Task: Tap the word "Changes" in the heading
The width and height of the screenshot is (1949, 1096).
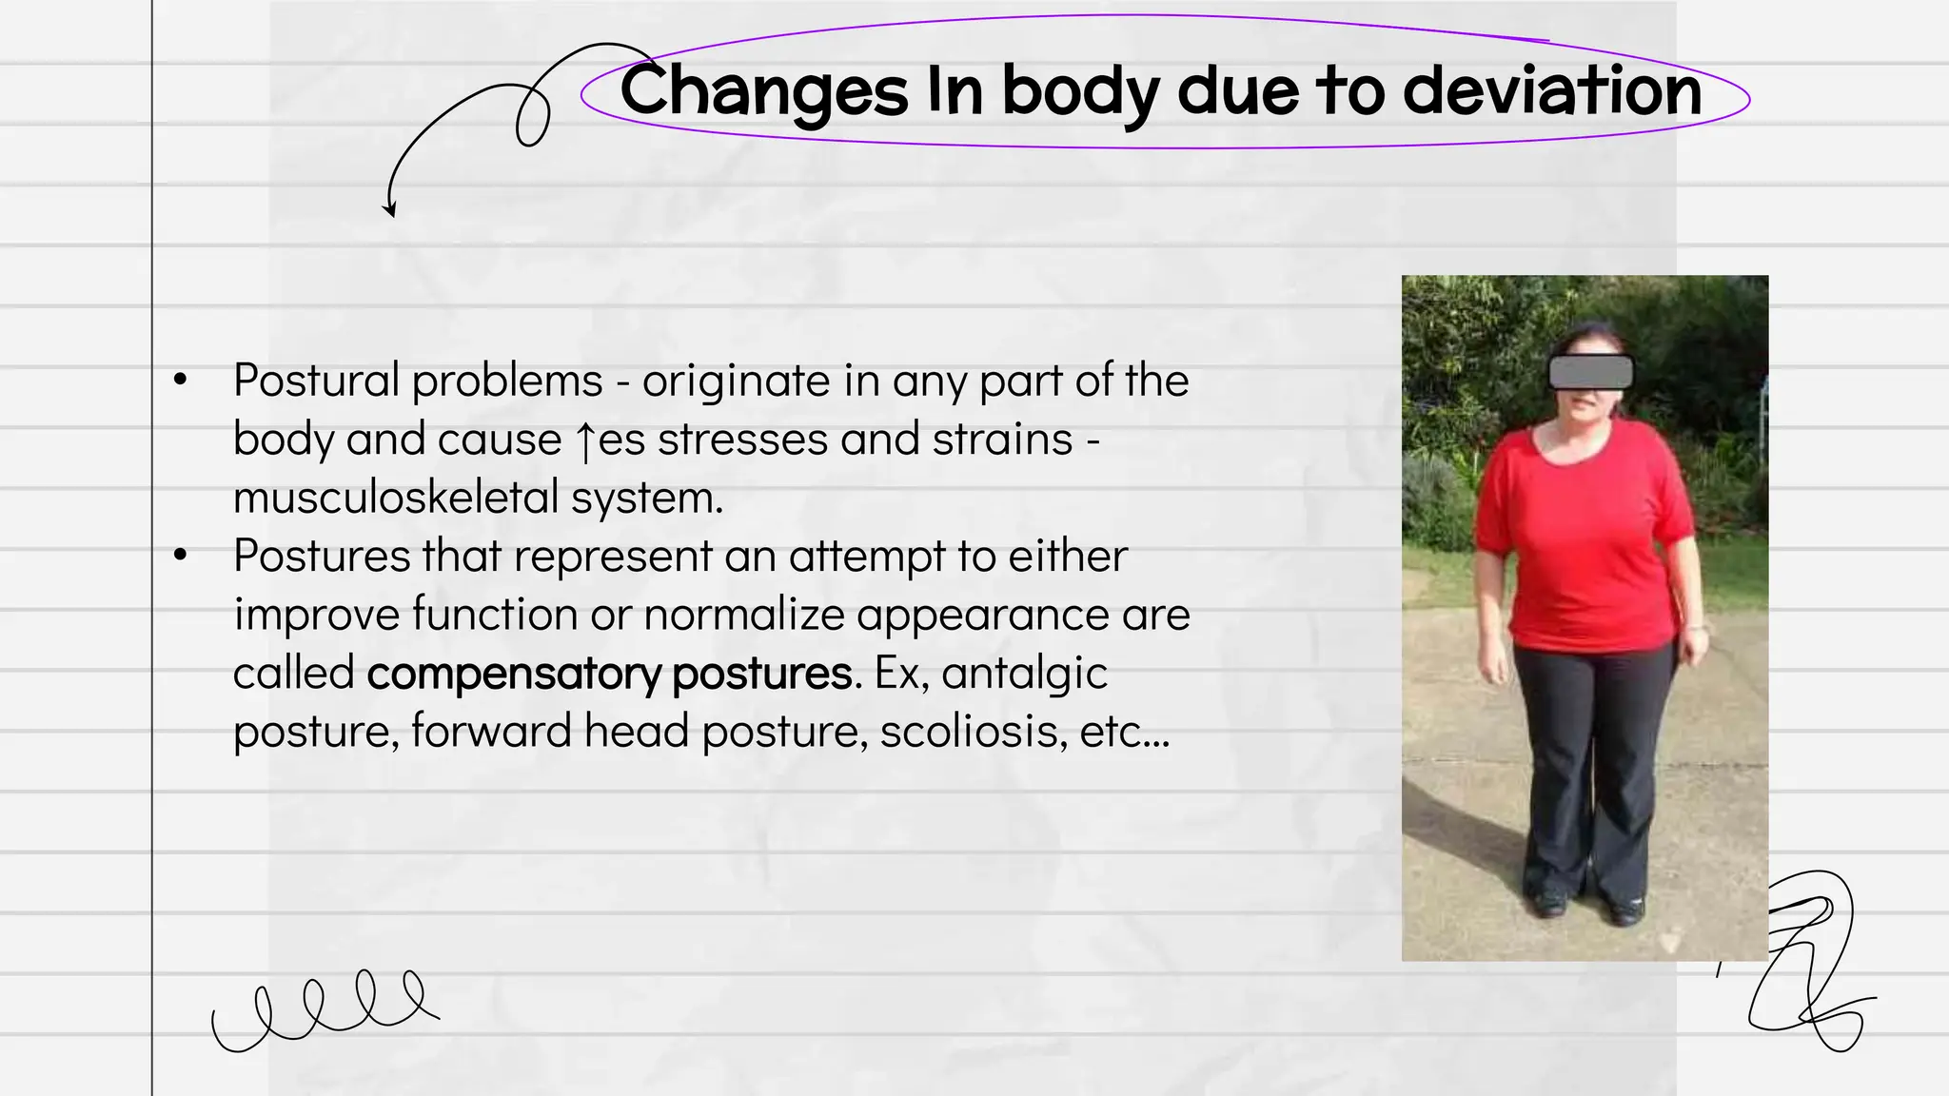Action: tap(763, 91)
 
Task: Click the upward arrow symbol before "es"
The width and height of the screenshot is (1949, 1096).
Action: tap(585, 441)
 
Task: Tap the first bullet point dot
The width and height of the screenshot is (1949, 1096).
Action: tap(181, 381)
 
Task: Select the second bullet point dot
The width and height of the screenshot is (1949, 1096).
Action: tap(181, 556)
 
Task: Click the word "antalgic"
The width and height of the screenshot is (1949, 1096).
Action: tap(1025, 674)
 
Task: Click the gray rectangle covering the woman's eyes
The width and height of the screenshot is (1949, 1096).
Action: tap(1590, 372)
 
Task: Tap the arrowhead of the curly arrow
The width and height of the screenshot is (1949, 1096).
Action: tap(388, 209)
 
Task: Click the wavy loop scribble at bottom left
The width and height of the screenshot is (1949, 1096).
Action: tap(324, 1010)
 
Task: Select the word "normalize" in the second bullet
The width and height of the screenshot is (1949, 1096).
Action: tap(743, 615)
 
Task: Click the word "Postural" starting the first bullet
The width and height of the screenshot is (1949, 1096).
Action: tap(316, 382)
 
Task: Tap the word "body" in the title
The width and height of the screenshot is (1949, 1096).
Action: tap(1081, 93)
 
